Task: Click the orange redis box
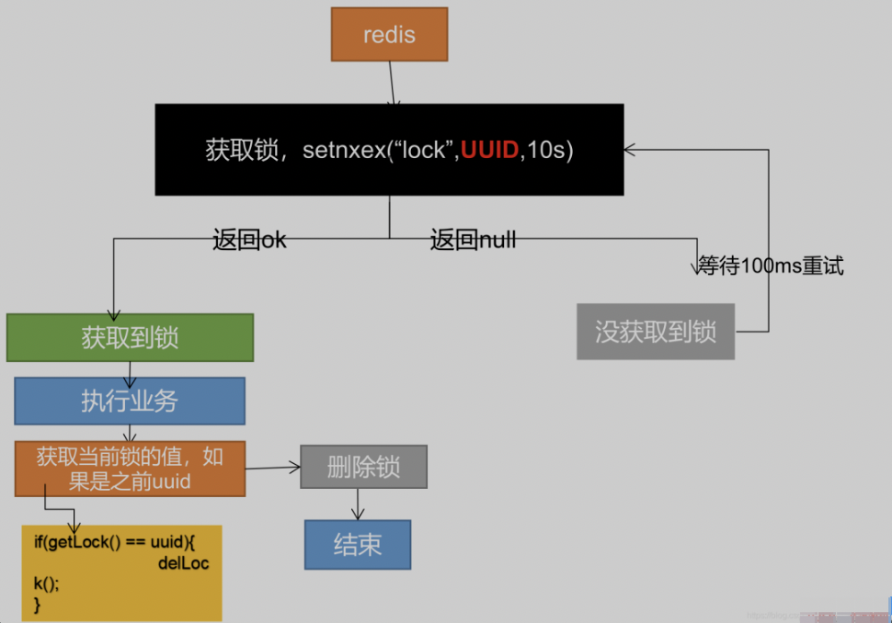389,35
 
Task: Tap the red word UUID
489,151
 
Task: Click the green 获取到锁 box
130,337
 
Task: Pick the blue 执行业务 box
130,401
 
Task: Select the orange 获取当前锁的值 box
130,468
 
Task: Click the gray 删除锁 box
363,466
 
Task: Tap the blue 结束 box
358,544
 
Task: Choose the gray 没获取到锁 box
656,331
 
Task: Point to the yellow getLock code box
121,572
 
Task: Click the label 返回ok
249,241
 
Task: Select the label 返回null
473,241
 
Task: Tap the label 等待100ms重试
771,266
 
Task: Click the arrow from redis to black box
392,83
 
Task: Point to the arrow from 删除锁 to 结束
359,504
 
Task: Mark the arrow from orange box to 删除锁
273,468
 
